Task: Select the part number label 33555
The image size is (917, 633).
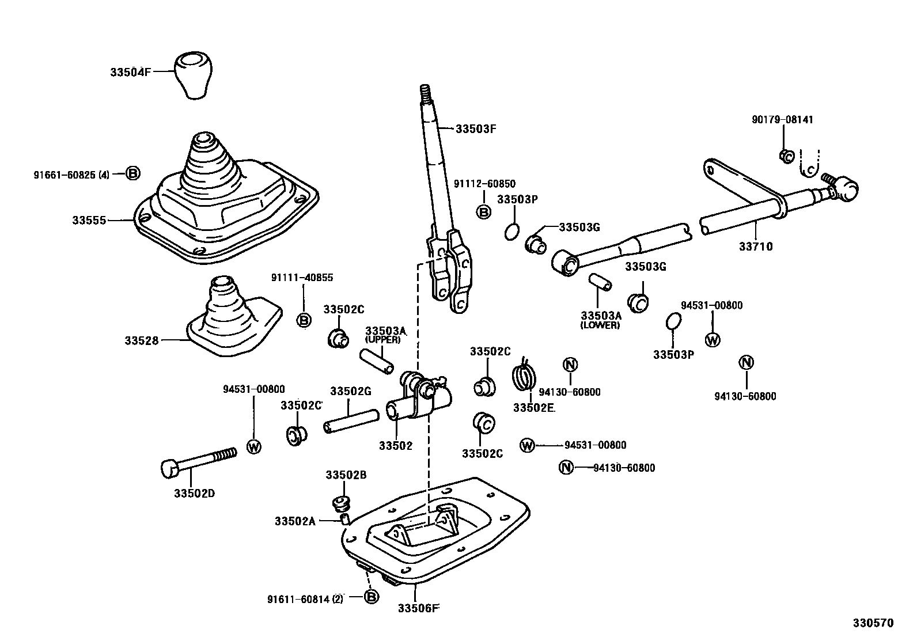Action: (x=89, y=220)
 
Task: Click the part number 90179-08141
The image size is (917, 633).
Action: (x=782, y=120)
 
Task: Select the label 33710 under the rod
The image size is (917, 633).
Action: (x=756, y=247)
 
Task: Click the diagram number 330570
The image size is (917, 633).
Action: (x=873, y=623)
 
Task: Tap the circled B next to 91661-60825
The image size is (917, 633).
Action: (x=133, y=173)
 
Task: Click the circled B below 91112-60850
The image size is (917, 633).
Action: (x=484, y=212)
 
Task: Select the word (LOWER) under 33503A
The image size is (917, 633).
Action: (x=600, y=325)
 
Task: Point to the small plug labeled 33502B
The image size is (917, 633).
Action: (x=342, y=502)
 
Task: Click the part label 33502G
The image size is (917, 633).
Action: (x=350, y=391)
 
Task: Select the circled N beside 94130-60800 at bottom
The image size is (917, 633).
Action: (x=566, y=467)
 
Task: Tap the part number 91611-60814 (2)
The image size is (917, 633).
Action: (x=305, y=599)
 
